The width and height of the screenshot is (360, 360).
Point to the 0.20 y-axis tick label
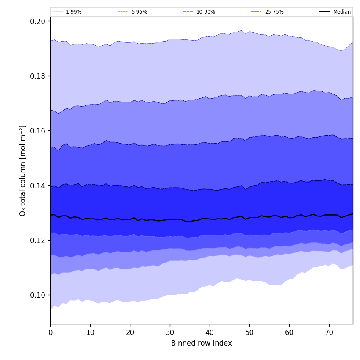(x=38, y=21)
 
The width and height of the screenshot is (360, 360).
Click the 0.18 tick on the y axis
(x=38, y=76)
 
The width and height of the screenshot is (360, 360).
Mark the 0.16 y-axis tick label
(x=38, y=130)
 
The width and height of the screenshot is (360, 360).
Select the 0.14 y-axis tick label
(x=38, y=186)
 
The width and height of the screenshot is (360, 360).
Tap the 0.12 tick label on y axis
(x=38, y=240)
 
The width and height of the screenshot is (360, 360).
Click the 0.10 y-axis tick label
(x=38, y=295)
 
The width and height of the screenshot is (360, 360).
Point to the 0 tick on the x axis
(x=50, y=332)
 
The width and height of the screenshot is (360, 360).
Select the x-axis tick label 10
(x=90, y=332)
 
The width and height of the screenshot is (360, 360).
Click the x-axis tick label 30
(x=170, y=332)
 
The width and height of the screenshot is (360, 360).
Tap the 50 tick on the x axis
(x=249, y=332)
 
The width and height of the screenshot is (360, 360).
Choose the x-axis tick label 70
(x=329, y=332)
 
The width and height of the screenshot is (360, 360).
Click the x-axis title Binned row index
(x=202, y=343)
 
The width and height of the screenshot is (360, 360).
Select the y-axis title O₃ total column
(x=23, y=170)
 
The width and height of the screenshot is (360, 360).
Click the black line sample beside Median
(x=325, y=12)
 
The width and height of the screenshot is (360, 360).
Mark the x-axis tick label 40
(x=210, y=332)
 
